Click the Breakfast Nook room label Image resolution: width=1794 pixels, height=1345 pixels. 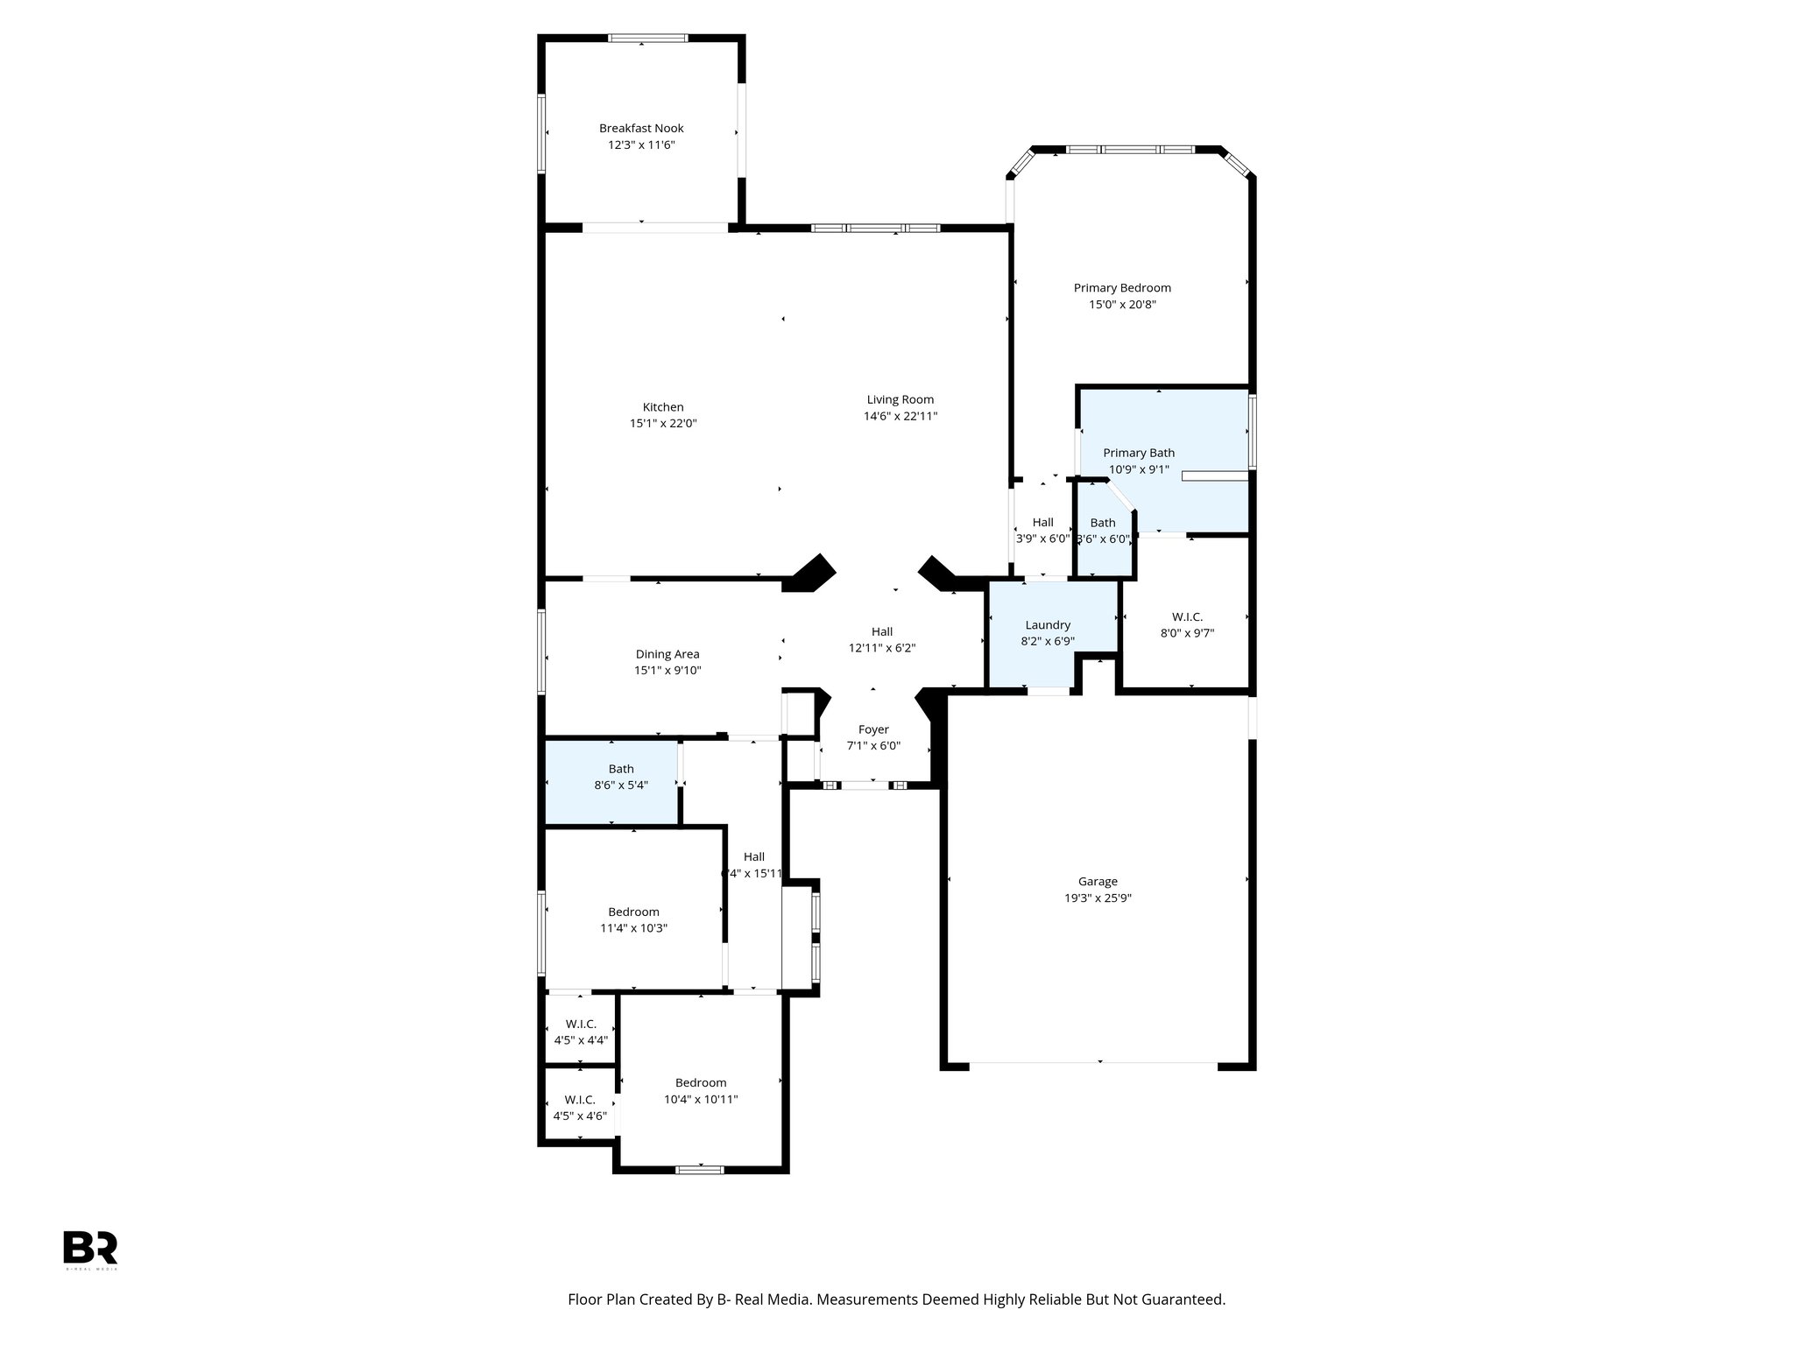pyautogui.click(x=641, y=128)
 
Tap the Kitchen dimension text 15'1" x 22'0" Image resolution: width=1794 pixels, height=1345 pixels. pyautogui.click(x=663, y=423)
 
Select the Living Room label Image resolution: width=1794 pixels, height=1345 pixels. pyautogui.click(x=900, y=399)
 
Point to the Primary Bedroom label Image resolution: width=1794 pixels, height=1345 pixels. pyautogui.click(x=1122, y=287)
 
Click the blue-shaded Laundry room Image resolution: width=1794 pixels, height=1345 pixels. pyautogui.click(x=1048, y=632)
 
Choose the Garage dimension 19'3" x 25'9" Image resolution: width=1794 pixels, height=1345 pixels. pyautogui.click(x=1098, y=898)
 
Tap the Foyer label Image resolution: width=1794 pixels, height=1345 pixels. pyautogui.click(x=873, y=729)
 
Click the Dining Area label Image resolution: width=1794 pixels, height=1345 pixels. pyautogui.click(x=667, y=654)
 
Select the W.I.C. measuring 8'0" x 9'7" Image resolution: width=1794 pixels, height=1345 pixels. pyautogui.click(x=1187, y=624)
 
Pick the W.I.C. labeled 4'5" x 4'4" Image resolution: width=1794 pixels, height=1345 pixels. pyautogui.click(x=581, y=1032)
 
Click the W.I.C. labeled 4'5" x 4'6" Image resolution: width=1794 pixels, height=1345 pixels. pyautogui.click(x=580, y=1108)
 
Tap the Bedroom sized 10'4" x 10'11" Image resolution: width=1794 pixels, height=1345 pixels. pyautogui.click(x=701, y=1090)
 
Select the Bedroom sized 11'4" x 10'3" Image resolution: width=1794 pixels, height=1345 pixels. pyautogui.click(x=633, y=919)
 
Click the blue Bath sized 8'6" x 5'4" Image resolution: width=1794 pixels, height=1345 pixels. pyautogui.click(x=620, y=777)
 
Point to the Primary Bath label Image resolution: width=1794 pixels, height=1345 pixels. pyautogui.click(x=1138, y=453)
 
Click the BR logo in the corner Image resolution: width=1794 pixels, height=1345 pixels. pyautogui.click(x=90, y=1247)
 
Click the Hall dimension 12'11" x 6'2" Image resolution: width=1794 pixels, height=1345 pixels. pyautogui.click(x=882, y=648)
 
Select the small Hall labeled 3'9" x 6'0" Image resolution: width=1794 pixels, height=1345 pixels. pyautogui.click(x=1042, y=531)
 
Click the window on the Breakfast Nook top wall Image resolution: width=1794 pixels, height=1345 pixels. pyautogui.click(x=648, y=38)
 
